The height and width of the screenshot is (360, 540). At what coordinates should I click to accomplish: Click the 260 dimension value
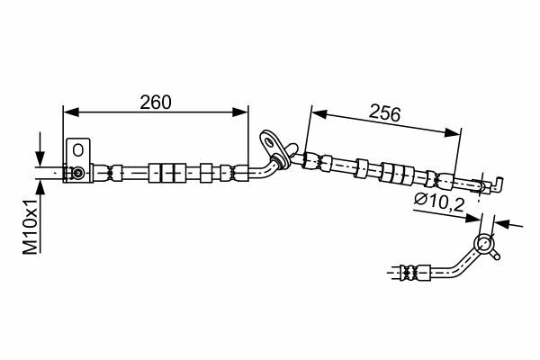[x=156, y=102]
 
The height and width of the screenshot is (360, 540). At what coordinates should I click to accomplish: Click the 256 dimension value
[x=384, y=113]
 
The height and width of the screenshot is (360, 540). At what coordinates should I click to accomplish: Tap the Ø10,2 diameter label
[x=439, y=202]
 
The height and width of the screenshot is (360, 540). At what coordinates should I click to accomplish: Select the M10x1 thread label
[x=31, y=227]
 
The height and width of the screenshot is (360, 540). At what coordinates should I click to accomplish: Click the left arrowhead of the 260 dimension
[x=71, y=112]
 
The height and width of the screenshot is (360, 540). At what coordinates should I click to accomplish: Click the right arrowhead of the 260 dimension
[x=240, y=112]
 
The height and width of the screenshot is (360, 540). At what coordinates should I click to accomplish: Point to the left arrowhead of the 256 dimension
[x=319, y=113]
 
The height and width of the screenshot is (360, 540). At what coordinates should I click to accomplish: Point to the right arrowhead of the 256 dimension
[x=452, y=132]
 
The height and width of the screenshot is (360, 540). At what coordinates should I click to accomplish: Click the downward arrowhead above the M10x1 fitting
[x=40, y=159]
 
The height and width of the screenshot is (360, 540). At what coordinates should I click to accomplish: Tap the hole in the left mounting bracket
[x=78, y=150]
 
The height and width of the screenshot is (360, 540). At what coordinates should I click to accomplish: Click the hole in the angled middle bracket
[x=268, y=140]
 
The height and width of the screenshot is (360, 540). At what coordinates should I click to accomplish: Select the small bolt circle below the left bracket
[x=78, y=173]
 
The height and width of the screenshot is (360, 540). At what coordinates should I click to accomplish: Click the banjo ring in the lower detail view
[x=483, y=244]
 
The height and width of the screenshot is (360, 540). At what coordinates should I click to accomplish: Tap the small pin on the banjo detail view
[x=495, y=256]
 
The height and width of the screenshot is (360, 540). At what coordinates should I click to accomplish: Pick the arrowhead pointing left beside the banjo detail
[x=503, y=223]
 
